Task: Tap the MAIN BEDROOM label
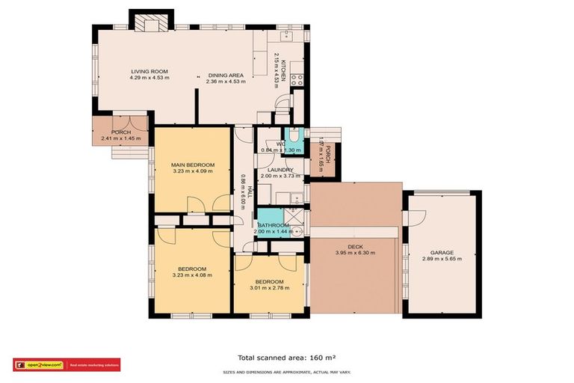click(192, 165)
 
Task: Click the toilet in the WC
click(294, 137)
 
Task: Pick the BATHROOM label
click(273, 225)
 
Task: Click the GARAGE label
click(442, 253)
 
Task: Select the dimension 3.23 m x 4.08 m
click(193, 275)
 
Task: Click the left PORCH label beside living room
click(121, 132)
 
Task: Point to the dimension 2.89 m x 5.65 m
click(442, 260)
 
